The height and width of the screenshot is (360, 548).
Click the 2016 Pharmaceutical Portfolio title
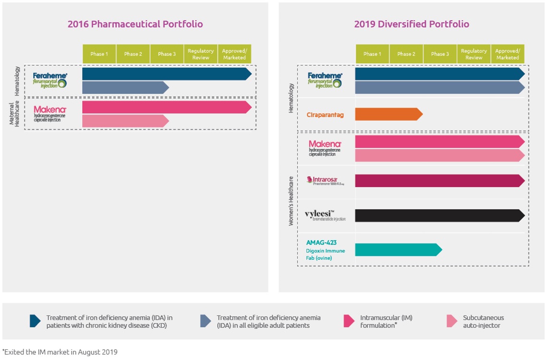coord(135,24)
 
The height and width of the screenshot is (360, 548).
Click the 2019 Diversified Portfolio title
coord(411,24)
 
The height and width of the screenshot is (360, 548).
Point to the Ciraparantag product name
coord(325,115)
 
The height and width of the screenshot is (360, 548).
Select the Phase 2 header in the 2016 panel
coord(133,54)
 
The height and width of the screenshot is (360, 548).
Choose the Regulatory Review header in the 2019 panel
coord(474,54)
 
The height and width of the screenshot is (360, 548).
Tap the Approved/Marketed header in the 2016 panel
coord(234,54)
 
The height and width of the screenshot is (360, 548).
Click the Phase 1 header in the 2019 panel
coord(372,54)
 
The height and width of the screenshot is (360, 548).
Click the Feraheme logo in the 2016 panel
coord(50,80)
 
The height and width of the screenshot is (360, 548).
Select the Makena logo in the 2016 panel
coord(49,113)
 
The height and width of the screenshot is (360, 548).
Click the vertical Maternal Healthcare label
coord(14,113)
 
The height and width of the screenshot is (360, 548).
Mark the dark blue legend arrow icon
coord(35,321)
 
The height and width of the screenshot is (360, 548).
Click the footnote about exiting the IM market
coord(60,352)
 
